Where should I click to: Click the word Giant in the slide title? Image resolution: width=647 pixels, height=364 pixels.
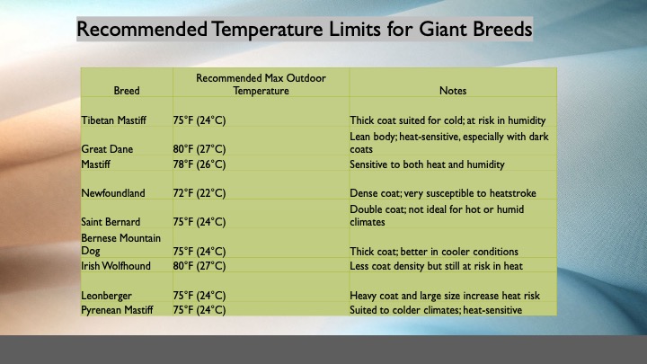pos(442,29)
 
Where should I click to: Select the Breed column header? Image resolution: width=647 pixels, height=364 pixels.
pos(127,91)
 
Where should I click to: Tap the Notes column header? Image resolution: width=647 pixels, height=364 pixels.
pos(453,91)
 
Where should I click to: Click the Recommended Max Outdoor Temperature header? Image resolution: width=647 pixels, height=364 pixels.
pos(261,84)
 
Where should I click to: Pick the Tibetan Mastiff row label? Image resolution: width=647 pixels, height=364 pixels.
pos(113,120)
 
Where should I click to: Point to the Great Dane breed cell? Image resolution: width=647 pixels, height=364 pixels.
pos(107,149)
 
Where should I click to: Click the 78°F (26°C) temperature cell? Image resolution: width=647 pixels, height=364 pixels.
pos(199,164)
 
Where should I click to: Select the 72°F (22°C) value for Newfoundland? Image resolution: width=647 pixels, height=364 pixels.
pos(199,193)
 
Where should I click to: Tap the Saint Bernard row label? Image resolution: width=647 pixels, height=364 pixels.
pos(111,222)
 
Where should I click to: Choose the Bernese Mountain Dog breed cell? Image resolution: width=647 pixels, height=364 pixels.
pos(120,244)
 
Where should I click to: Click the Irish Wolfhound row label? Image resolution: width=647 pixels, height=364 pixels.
pos(116,266)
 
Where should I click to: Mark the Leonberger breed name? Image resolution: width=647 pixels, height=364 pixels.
pos(106,296)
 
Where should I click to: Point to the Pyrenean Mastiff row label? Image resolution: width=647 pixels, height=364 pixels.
pos(117,310)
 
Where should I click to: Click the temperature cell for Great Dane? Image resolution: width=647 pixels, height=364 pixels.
pos(199,149)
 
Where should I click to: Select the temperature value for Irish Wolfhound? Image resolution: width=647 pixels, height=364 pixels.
pos(199,266)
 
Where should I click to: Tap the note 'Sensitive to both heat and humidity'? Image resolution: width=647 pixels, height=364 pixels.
pos(427,164)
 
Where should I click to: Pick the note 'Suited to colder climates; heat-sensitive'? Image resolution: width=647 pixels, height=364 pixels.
pos(436,310)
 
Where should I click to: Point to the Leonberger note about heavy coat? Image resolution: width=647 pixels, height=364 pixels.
pos(445,296)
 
